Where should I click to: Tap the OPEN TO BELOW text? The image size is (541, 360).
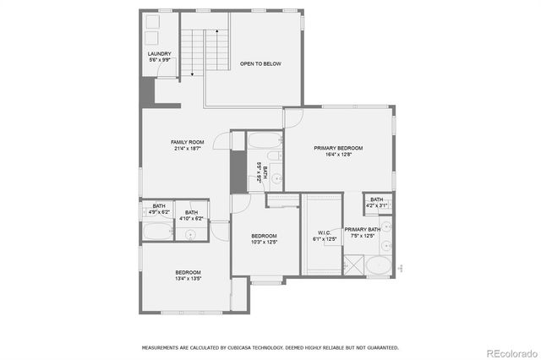point(260,63)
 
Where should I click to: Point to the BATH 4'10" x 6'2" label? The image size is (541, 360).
point(192,215)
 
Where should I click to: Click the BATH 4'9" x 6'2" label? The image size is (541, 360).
point(159,209)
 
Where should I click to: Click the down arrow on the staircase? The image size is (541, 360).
point(193,72)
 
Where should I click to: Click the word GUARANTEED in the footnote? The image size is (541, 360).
point(378,347)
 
